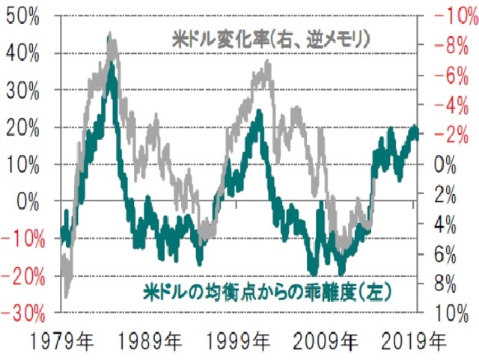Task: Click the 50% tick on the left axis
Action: pos(27,17)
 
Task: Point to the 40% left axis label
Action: pos(27,54)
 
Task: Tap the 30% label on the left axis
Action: pos(27,91)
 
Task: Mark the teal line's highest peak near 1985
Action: pos(112,66)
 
